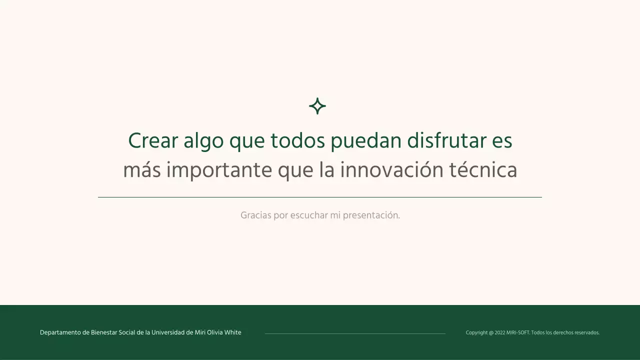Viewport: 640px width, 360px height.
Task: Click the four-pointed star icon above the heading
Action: (x=317, y=106)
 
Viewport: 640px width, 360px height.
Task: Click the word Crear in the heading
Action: (x=153, y=141)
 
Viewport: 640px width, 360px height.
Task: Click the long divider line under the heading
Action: (x=320, y=197)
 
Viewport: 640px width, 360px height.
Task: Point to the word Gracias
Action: (x=256, y=215)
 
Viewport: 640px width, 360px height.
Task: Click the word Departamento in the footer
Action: (x=60, y=333)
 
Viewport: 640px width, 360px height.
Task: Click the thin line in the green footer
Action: (x=355, y=333)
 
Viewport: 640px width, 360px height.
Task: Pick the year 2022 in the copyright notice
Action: (x=499, y=333)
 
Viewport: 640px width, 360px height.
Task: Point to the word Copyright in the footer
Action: (x=476, y=333)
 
